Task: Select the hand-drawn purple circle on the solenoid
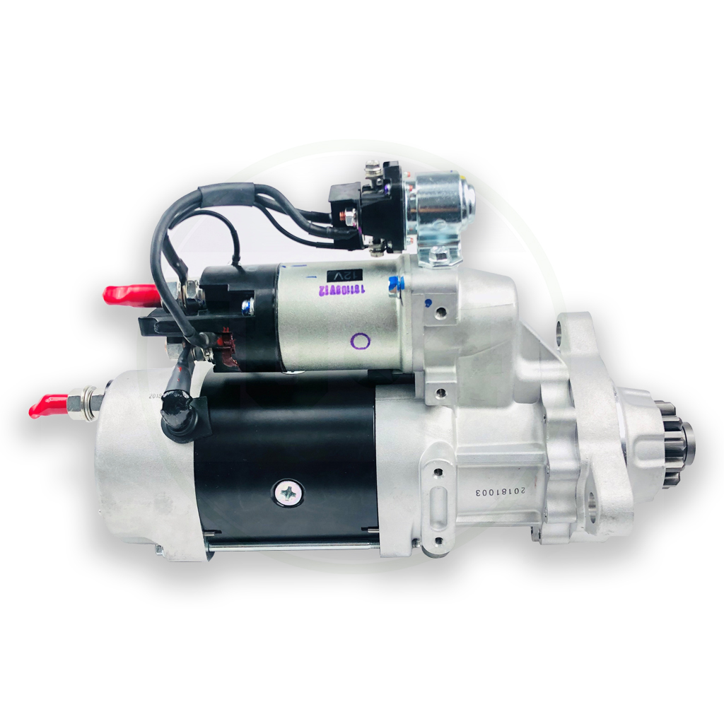pyautogui.click(x=361, y=341)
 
